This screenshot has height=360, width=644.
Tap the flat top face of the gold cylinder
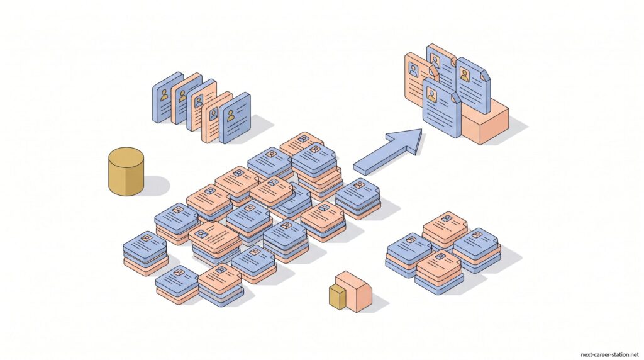(x=126, y=157)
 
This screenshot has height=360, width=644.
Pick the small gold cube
(x=337, y=297)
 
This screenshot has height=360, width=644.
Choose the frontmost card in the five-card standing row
(x=235, y=118)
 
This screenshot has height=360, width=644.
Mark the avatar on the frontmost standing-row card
(x=231, y=115)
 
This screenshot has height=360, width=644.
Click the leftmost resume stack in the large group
(x=144, y=252)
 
